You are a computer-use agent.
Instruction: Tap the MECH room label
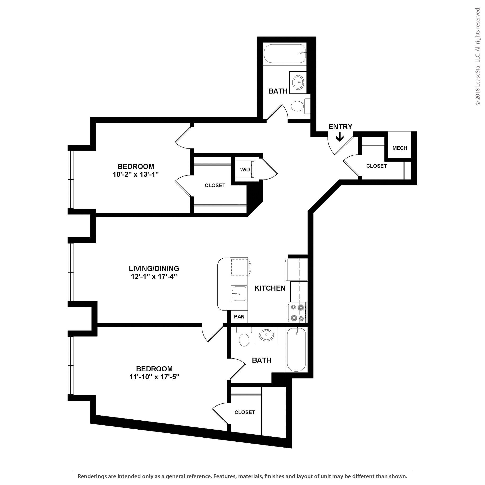pyautogui.click(x=400, y=148)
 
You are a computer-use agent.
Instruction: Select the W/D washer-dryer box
pyautogui.click(x=245, y=170)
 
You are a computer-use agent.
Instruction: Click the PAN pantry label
pyautogui.click(x=239, y=317)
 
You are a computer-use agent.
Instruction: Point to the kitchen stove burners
pyautogui.click(x=297, y=313)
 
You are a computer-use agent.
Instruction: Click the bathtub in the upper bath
pyautogui.click(x=285, y=54)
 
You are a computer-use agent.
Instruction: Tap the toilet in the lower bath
pyautogui.click(x=244, y=339)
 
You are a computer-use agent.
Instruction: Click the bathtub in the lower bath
pyautogui.click(x=296, y=350)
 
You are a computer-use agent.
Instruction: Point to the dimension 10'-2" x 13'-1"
pyautogui.click(x=136, y=175)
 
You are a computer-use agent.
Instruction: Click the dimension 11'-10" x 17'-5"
pyautogui.click(x=154, y=377)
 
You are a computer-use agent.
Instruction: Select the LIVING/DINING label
pyautogui.click(x=154, y=268)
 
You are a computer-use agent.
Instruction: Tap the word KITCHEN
pyautogui.click(x=270, y=288)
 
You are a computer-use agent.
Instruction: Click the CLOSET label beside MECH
pyautogui.click(x=376, y=166)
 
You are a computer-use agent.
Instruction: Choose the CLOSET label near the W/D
pyautogui.click(x=215, y=185)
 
